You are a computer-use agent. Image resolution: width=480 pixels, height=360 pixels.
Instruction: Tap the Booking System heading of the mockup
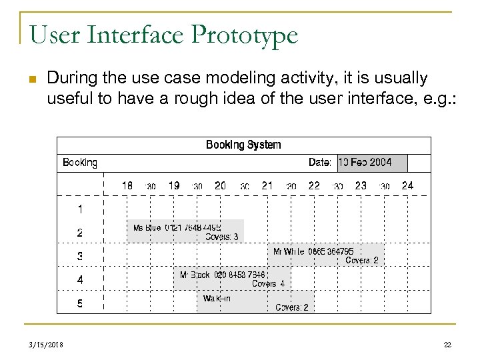point(243,145)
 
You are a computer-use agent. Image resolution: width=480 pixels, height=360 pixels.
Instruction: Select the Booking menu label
point(80,163)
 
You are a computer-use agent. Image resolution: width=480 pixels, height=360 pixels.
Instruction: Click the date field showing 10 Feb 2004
point(365,163)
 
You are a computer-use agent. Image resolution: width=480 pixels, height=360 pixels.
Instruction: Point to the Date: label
point(320,163)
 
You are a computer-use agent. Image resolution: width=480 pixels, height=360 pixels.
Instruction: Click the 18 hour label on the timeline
point(127,186)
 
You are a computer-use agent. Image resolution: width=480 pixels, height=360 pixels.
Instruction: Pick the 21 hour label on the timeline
point(267,186)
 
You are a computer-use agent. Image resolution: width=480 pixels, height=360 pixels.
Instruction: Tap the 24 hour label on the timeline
point(407,186)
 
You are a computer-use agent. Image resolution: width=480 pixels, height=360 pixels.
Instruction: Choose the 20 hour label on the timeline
point(220,186)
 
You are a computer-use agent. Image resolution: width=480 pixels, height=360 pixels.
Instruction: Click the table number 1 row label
point(80,209)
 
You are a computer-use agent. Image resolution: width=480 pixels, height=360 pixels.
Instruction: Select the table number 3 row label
point(80,256)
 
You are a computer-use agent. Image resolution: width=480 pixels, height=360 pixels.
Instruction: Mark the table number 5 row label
point(80,303)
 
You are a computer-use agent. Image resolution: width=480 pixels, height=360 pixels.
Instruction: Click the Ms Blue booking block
point(185,231)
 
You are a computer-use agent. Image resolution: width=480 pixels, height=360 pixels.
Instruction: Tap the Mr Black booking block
point(231,279)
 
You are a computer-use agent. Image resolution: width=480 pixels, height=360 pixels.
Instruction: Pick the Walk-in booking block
point(255,302)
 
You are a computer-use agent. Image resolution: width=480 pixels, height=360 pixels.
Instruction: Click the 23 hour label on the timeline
point(361,186)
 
